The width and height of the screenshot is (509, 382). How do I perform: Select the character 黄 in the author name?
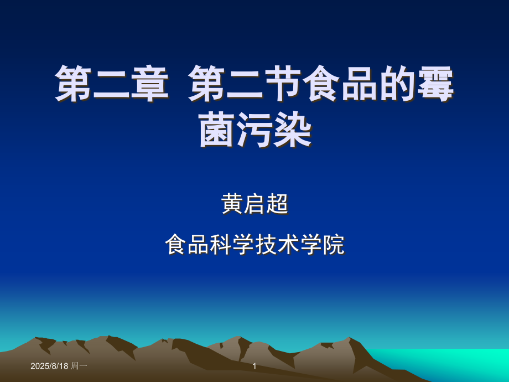pyautogui.click(x=232, y=204)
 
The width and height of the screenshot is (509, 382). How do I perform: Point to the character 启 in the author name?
pyautogui.click(x=255, y=204)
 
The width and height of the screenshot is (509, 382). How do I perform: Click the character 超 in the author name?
pyautogui.click(x=278, y=204)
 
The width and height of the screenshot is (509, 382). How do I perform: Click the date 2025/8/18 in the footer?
pyautogui.click(x=49, y=366)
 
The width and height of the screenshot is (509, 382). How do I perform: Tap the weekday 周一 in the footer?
pyautogui.click(x=79, y=366)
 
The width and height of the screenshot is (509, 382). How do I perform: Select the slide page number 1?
pyautogui.click(x=254, y=366)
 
